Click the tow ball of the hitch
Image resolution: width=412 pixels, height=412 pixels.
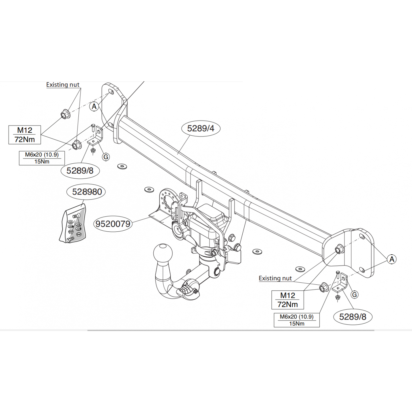tap(163, 253)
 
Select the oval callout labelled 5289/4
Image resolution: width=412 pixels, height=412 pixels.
tap(201, 128)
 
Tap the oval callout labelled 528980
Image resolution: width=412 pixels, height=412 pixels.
tap(86, 192)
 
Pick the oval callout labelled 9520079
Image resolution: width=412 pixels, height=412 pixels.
tap(113, 224)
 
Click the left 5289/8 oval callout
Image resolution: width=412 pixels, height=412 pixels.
tap(80, 171)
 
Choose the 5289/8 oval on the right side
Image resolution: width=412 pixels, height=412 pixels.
tap(353, 317)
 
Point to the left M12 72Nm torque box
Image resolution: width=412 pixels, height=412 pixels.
tap(25, 135)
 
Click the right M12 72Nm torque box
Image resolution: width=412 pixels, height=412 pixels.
tap(288, 300)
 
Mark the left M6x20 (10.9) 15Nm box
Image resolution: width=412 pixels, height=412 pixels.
tap(42, 158)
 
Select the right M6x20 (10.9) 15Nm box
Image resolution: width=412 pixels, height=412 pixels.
tap(297, 320)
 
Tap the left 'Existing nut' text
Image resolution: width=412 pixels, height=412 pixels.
tap(63, 85)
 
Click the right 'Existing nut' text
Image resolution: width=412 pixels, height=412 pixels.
tap(275, 278)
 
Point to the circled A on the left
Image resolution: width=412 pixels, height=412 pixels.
tap(94, 106)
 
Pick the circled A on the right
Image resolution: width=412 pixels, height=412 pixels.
tap(392, 259)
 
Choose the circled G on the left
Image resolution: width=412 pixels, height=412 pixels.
tap(106, 157)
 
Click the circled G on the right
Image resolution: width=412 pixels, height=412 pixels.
tap(354, 295)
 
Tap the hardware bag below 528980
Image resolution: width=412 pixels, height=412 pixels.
tap(73, 223)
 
